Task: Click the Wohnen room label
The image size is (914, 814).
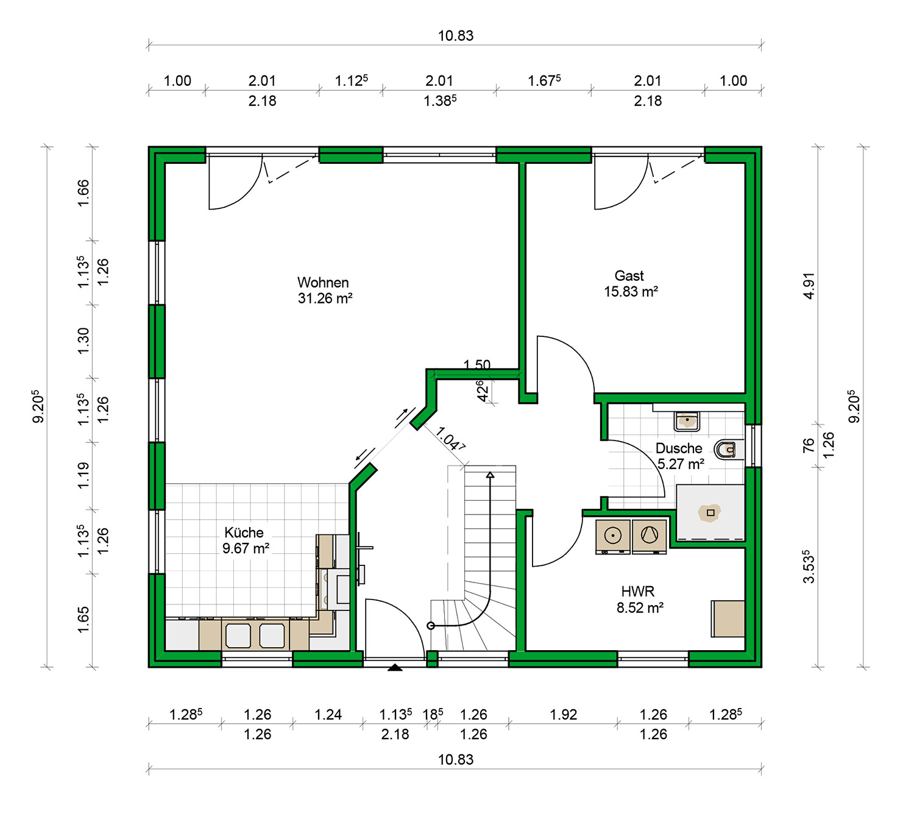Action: pyautogui.click(x=322, y=283)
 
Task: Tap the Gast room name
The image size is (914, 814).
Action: pyautogui.click(x=629, y=275)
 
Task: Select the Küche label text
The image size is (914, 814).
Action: pyautogui.click(x=244, y=533)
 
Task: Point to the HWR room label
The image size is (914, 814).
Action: pyautogui.click(x=637, y=591)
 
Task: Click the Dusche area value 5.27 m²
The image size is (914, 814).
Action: pyautogui.click(x=680, y=464)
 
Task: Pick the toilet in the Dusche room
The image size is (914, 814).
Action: pyautogui.click(x=729, y=450)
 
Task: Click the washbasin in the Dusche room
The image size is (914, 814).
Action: pyautogui.click(x=687, y=420)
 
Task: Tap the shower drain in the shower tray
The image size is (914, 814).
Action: pyautogui.click(x=710, y=512)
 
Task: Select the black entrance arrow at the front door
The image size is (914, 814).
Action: pyautogui.click(x=395, y=667)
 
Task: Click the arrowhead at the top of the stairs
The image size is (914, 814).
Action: pyautogui.click(x=490, y=475)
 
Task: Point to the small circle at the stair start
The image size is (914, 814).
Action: pyautogui.click(x=430, y=626)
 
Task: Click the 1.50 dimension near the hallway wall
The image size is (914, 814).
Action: pyautogui.click(x=477, y=364)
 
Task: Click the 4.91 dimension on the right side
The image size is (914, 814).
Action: pyautogui.click(x=809, y=286)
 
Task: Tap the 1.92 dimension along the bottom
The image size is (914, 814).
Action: pyautogui.click(x=563, y=714)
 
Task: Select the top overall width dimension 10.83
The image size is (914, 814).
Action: pyautogui.click(x=456, y=36)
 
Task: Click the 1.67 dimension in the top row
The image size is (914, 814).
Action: pyautogui.click(x=544, y=80)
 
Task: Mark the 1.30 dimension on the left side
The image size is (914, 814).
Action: pyautogui.click(x=83, y=341)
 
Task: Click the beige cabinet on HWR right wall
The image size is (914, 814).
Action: pyautogui.click(x=728, y=618)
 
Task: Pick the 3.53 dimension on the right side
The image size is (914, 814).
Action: pyautogui.click(x=809, y=566)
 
